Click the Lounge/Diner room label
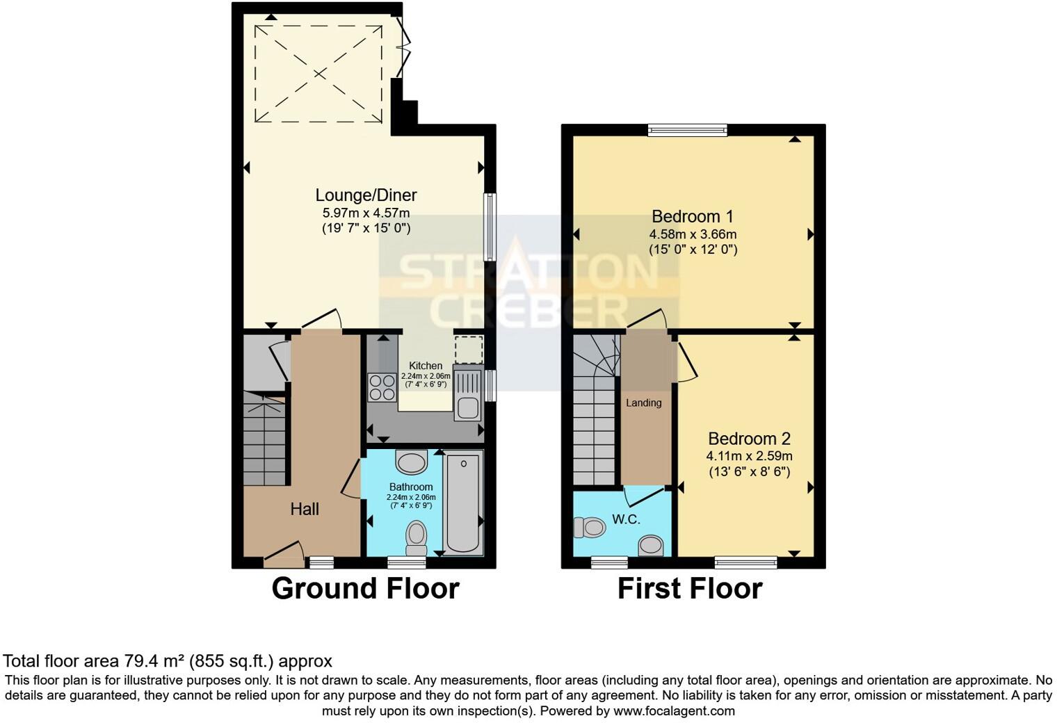366,195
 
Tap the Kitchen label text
425,366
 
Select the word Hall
305,510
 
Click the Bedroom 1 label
693,216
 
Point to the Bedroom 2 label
749,439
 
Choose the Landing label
643,403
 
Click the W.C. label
626,519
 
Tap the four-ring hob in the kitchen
381,387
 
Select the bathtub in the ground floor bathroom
463,502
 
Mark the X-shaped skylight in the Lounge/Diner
318,74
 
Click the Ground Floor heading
365,588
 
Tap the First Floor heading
690,588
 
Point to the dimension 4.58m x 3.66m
693,234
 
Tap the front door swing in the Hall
284,551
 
